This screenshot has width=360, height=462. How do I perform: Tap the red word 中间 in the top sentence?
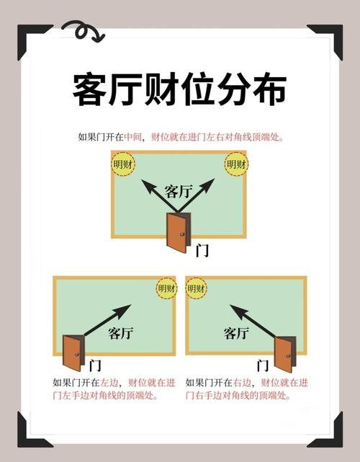[x=133, y=137]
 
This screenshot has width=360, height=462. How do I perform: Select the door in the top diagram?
[x=178, y=232]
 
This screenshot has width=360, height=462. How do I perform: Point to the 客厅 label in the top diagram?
[x=179, y=191]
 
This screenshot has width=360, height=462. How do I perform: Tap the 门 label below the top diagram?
[x=202, y=251]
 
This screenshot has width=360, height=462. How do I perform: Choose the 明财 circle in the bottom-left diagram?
[x=166, y=288]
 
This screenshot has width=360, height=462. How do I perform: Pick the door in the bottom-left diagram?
[x=73, y=352]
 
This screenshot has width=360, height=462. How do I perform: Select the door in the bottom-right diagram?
[x=284, y=354]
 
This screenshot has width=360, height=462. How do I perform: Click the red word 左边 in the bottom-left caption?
[x=109, y=383]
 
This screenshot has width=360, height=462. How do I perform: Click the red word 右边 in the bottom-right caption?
[x=241, y=383]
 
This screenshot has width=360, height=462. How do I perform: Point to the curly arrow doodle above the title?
[x=81, y=31]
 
